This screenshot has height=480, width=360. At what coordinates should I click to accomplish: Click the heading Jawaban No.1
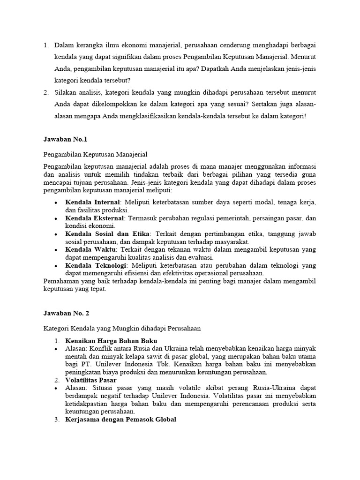tap(65, 139)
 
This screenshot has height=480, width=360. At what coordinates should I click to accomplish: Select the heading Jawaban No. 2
tap(66, 314)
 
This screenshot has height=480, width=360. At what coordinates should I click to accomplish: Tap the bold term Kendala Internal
tap(91, 202)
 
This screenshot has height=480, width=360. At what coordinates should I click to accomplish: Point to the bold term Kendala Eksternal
tap(95, 218)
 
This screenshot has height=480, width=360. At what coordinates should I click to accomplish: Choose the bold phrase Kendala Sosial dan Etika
tap(107, 234)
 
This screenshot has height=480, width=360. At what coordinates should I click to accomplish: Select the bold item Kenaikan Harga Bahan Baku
tap(111, 340)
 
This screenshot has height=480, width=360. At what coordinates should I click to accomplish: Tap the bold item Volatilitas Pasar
tap(91, 380)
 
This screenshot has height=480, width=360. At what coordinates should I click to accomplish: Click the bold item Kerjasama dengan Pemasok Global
tap(121, 420)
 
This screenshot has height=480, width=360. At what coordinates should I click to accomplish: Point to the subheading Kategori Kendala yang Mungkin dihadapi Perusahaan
tap(122, 329)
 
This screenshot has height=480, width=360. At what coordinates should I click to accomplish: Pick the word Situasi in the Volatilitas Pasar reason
tap(99, 388)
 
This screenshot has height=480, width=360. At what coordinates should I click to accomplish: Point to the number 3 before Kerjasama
tap(56, 420)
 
